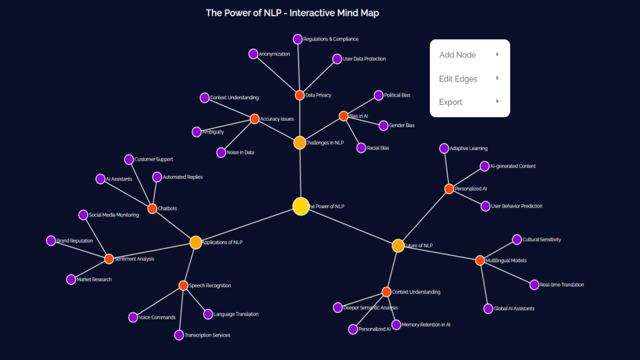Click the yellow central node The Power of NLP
pyautogui.click(x=301, y=207)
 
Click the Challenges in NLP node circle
pyautogui.click(x=299, y=143)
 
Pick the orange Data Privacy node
pyautogui.click(x=299, y=95)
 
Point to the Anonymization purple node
pyautogui.click(x=253, y=54)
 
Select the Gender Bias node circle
pyautogui.click(x=383, y=125)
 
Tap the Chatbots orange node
pyautogui.click(x=152, y=209)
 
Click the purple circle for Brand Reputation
pyautogui.click(x=51, y=241)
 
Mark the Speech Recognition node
pyautogui.click(x=183, y=285)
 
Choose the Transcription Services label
pyautogui.click(x=207, y=335)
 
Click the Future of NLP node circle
pyautogui.click(x=398, y=245)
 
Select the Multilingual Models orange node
pyautogui.click(x=480, y=260)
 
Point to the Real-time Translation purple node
pyautogui.click(x=534, y=285)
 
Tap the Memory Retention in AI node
pyautogui.click(x=396, y=325)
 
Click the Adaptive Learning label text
pyautogui.click(x=469, y=148)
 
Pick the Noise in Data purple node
pyautogui.click(x=221, y=153)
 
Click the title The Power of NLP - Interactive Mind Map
pyautogui.click(x=292, y=13)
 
